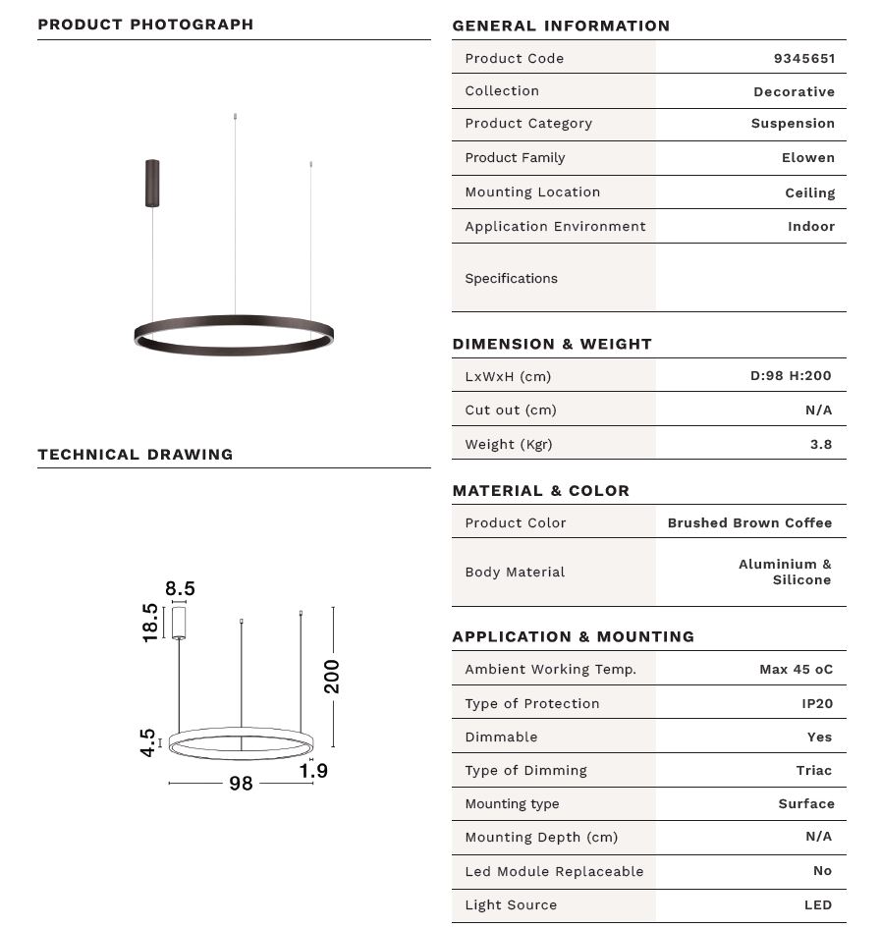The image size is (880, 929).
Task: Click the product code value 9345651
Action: click(803, 58)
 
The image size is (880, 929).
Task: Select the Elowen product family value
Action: click(807, 157)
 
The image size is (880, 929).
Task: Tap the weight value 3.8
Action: click(820, 444)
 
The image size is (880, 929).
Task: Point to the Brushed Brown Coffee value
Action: click(749, 522)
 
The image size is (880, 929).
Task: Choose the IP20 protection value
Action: click(816, 703)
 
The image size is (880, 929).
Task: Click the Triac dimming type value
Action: click(813, 770)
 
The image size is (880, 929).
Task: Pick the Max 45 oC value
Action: click(796, 669)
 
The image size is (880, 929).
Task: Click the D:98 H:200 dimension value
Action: click(791, 375)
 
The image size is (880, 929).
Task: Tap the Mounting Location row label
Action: click(532, 191)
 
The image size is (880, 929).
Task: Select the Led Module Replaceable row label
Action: click(554, 871)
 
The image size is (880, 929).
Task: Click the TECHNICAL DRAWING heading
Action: click(136, 454)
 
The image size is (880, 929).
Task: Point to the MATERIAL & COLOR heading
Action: click(540, 490)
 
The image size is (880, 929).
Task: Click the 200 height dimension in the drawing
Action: click(332, 676)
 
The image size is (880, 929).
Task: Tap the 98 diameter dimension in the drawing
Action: click(241, 783)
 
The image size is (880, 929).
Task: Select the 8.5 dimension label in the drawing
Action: click(180, 588)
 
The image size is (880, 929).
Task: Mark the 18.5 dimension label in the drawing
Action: click(150, 623)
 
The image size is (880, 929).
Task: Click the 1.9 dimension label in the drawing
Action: click(313, 771)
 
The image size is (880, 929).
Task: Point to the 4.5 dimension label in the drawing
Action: click(147, 742)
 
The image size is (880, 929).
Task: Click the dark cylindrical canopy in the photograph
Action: click(152, 183)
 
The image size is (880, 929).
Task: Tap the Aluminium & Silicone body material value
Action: click(785, 572)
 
